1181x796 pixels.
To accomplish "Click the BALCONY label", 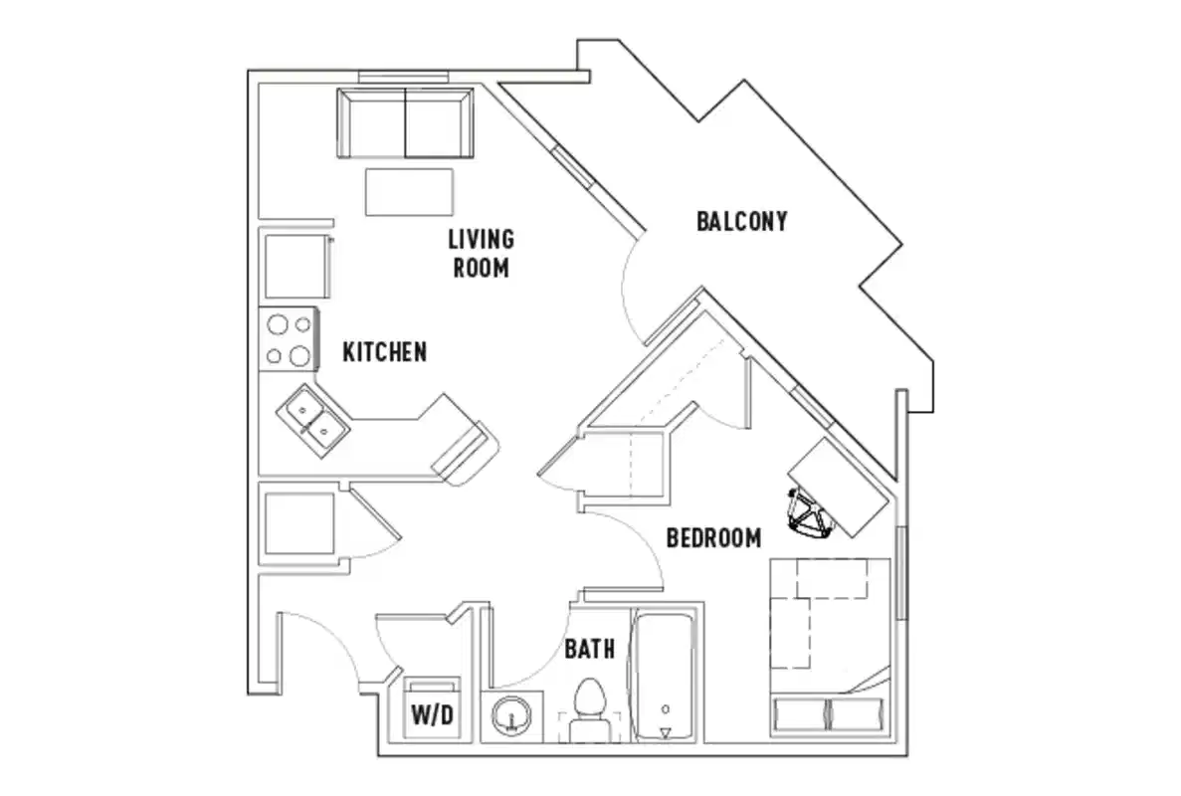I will pyautogui.click(x=741, y=221).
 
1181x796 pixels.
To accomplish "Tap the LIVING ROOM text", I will pyautogui.click(x=481, y=253).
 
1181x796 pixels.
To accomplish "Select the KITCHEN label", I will pyautogui.click(x=385, y=352).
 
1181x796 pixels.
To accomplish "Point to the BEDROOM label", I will pyautogui.click(x=713, y=538).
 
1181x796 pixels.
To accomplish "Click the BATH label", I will pyautogui.click(x=589, y=650).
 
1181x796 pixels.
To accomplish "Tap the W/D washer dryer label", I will pyautogui.click(x=433, y=714).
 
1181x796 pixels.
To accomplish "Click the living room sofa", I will pyautogui.click(x=405, y=122).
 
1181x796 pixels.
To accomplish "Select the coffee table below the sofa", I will pyautogui.click(x=409, y=191).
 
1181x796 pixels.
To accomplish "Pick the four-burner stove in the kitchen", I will pyautogui.click(x=288, y=339).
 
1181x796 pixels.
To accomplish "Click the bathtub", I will pyautogui.click(x=665, y=677).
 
